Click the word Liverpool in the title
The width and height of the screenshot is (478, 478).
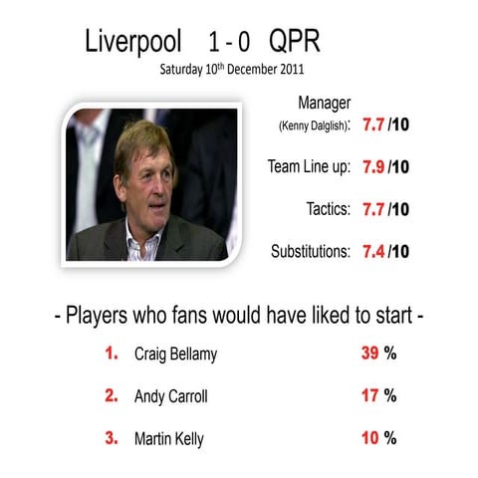(134, 42)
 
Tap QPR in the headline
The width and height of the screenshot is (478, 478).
(295, 42)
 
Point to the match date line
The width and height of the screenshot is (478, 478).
(232, 70)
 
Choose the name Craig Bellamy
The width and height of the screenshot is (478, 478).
(176, 354)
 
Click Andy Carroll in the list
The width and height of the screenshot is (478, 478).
(172, 395)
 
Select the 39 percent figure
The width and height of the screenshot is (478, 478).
(369, 354)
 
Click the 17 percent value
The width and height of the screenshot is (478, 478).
(369, 395)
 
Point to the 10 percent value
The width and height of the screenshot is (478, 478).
(369, 437)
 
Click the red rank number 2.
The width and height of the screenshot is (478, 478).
(112, 395)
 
